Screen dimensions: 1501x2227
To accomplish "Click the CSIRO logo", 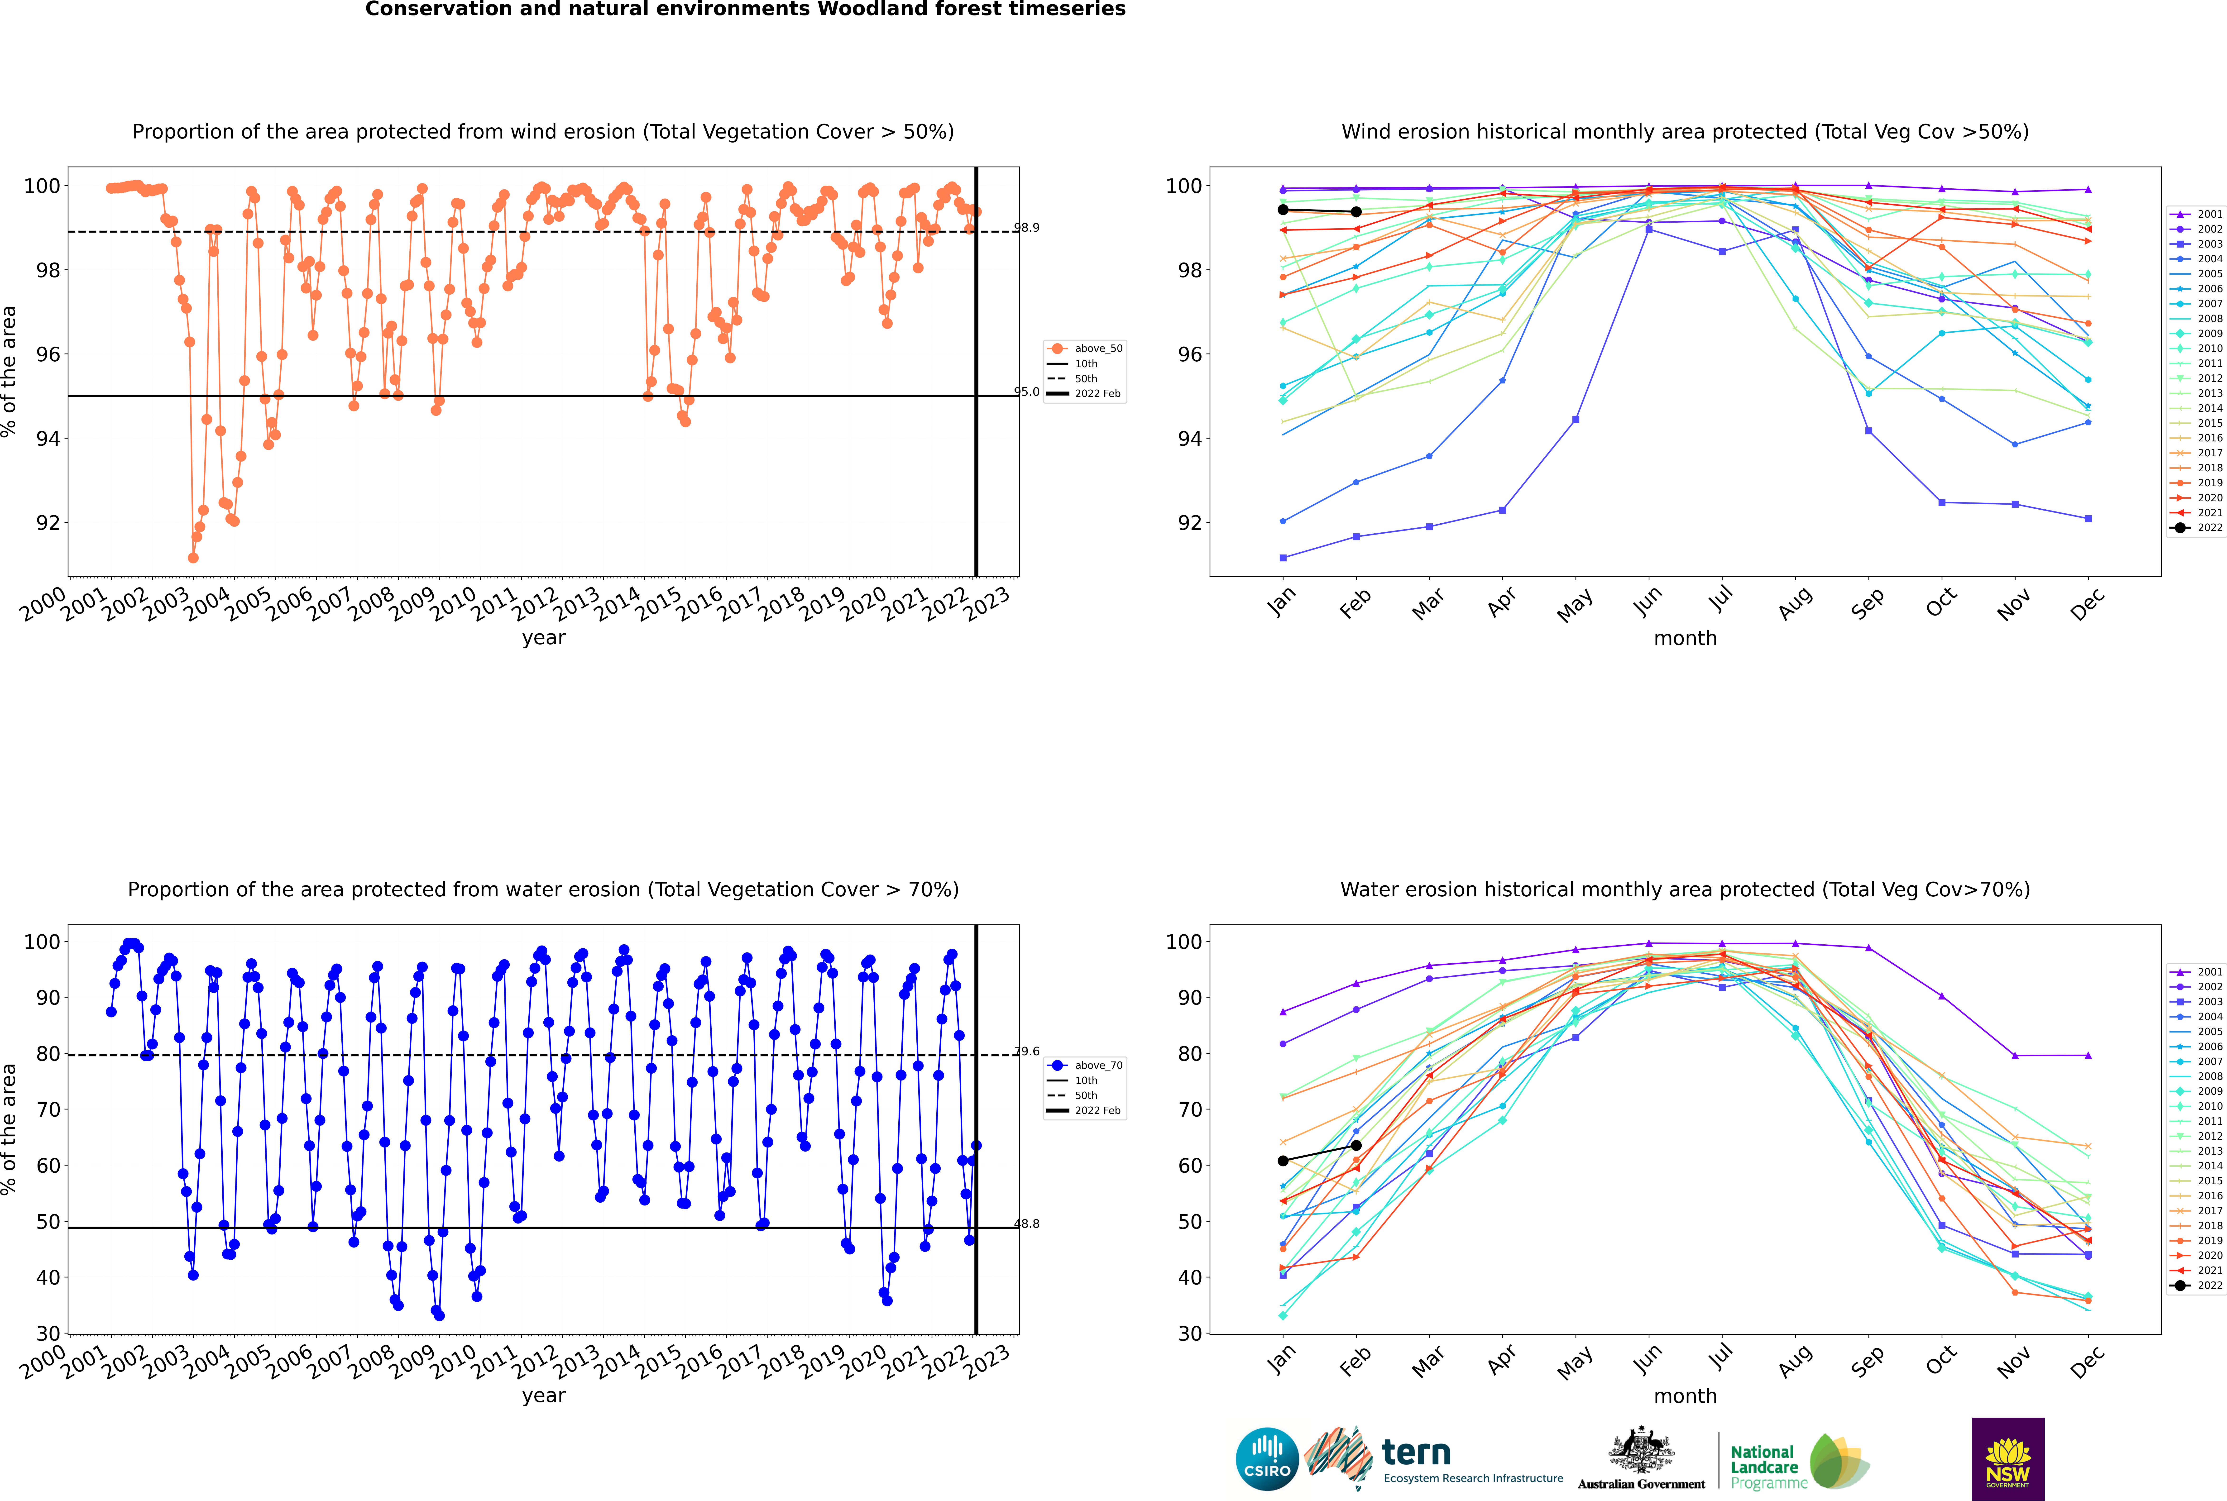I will [x=1267, y=1459].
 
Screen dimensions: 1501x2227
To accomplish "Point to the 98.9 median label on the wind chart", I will [x=1026, y=228].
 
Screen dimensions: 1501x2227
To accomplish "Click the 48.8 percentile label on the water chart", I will [x=1026, y=1223].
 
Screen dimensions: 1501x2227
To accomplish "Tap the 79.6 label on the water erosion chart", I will [x=1026, y=1051].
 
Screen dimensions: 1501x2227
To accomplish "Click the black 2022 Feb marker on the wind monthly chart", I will [x=1356, y=211].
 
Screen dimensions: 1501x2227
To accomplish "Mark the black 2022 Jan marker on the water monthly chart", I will [x=1283, y=1161].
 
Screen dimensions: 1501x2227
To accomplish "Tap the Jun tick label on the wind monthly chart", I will [x=1647, y=601].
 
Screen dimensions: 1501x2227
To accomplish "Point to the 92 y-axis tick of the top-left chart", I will [x=48, y=523].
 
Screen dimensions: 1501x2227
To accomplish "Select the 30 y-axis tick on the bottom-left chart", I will [x=48, y=1334].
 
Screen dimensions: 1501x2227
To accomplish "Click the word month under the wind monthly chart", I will [x=1685, y=639].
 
